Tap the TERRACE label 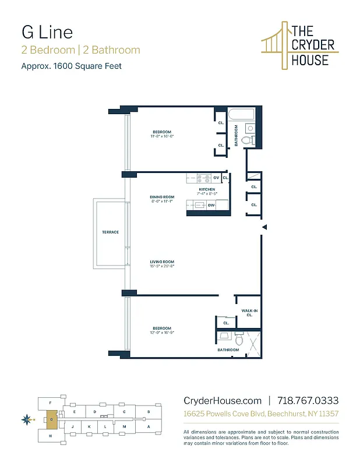pos(111,232)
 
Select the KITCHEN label pos(207,189)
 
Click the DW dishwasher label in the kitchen pos(210,205)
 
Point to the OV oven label pos(216,177)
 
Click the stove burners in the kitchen pos(203,177)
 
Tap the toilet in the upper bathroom pos(246,140)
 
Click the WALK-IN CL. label pos(249,313)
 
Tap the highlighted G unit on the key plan pos(51,418)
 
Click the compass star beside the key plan pos(26,418)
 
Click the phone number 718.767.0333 pos(308,401)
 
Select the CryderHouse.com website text pos(223,401)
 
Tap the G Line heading pos(47,31)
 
